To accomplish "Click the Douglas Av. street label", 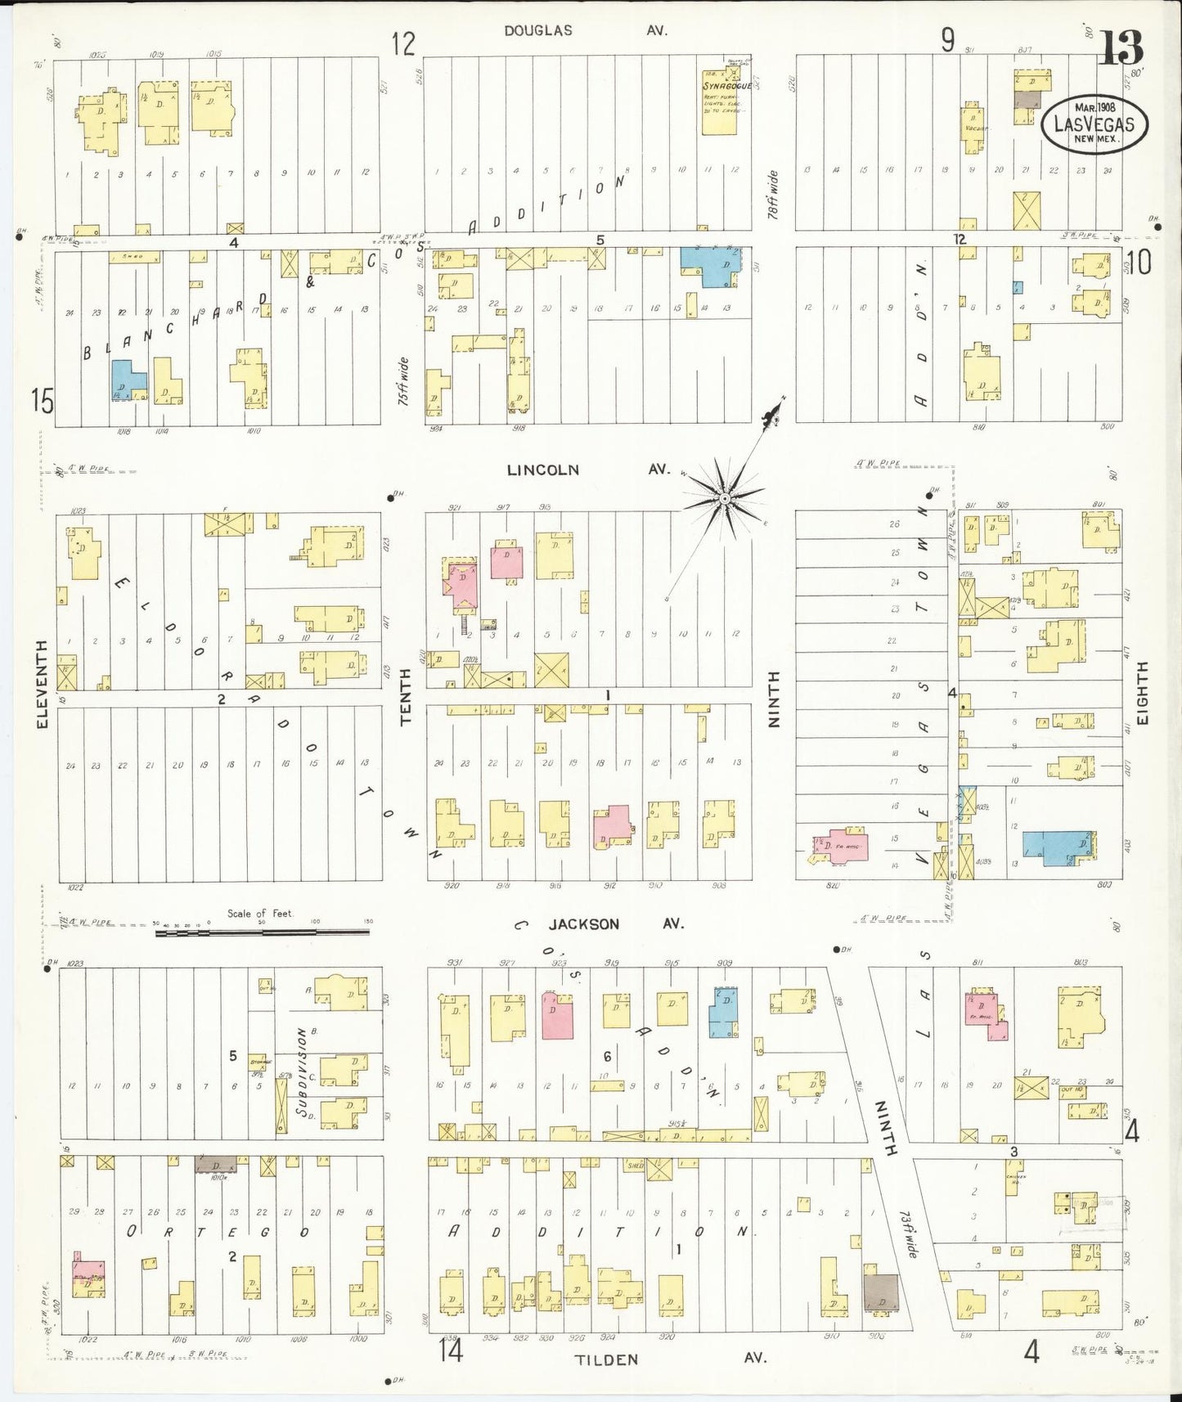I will [586, 31].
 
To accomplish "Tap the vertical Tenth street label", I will [407, 696].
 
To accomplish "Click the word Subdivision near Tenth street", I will [302, 1072].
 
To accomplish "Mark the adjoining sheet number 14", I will [450, 1350].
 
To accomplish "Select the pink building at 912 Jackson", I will [612, 827].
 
